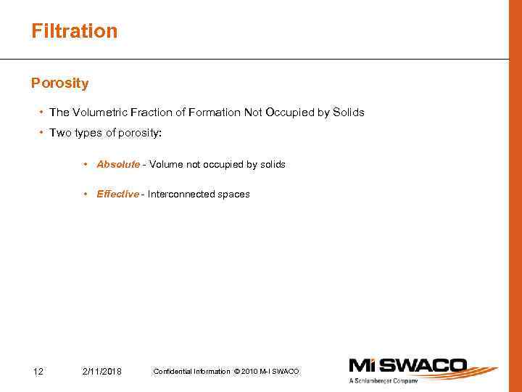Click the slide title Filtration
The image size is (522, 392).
pos(74,31)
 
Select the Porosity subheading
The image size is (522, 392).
pos(59,83)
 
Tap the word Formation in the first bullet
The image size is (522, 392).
pos(215,113)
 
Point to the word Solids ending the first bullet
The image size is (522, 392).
pos(348,113)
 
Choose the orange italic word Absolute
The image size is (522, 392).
pos(118,165)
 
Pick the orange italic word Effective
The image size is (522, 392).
pos(117,195)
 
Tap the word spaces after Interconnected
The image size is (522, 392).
pos(234,195)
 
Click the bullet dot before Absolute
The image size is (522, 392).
pos(86,165)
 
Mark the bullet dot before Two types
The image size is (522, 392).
pos(41,133)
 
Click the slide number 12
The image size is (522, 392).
pos(38,372)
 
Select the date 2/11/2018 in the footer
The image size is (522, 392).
pos(102,372)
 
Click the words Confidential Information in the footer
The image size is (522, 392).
pos(191,372)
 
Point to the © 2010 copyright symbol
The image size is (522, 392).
pos(237,372)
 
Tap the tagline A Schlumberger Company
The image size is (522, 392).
pos(384,381)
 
